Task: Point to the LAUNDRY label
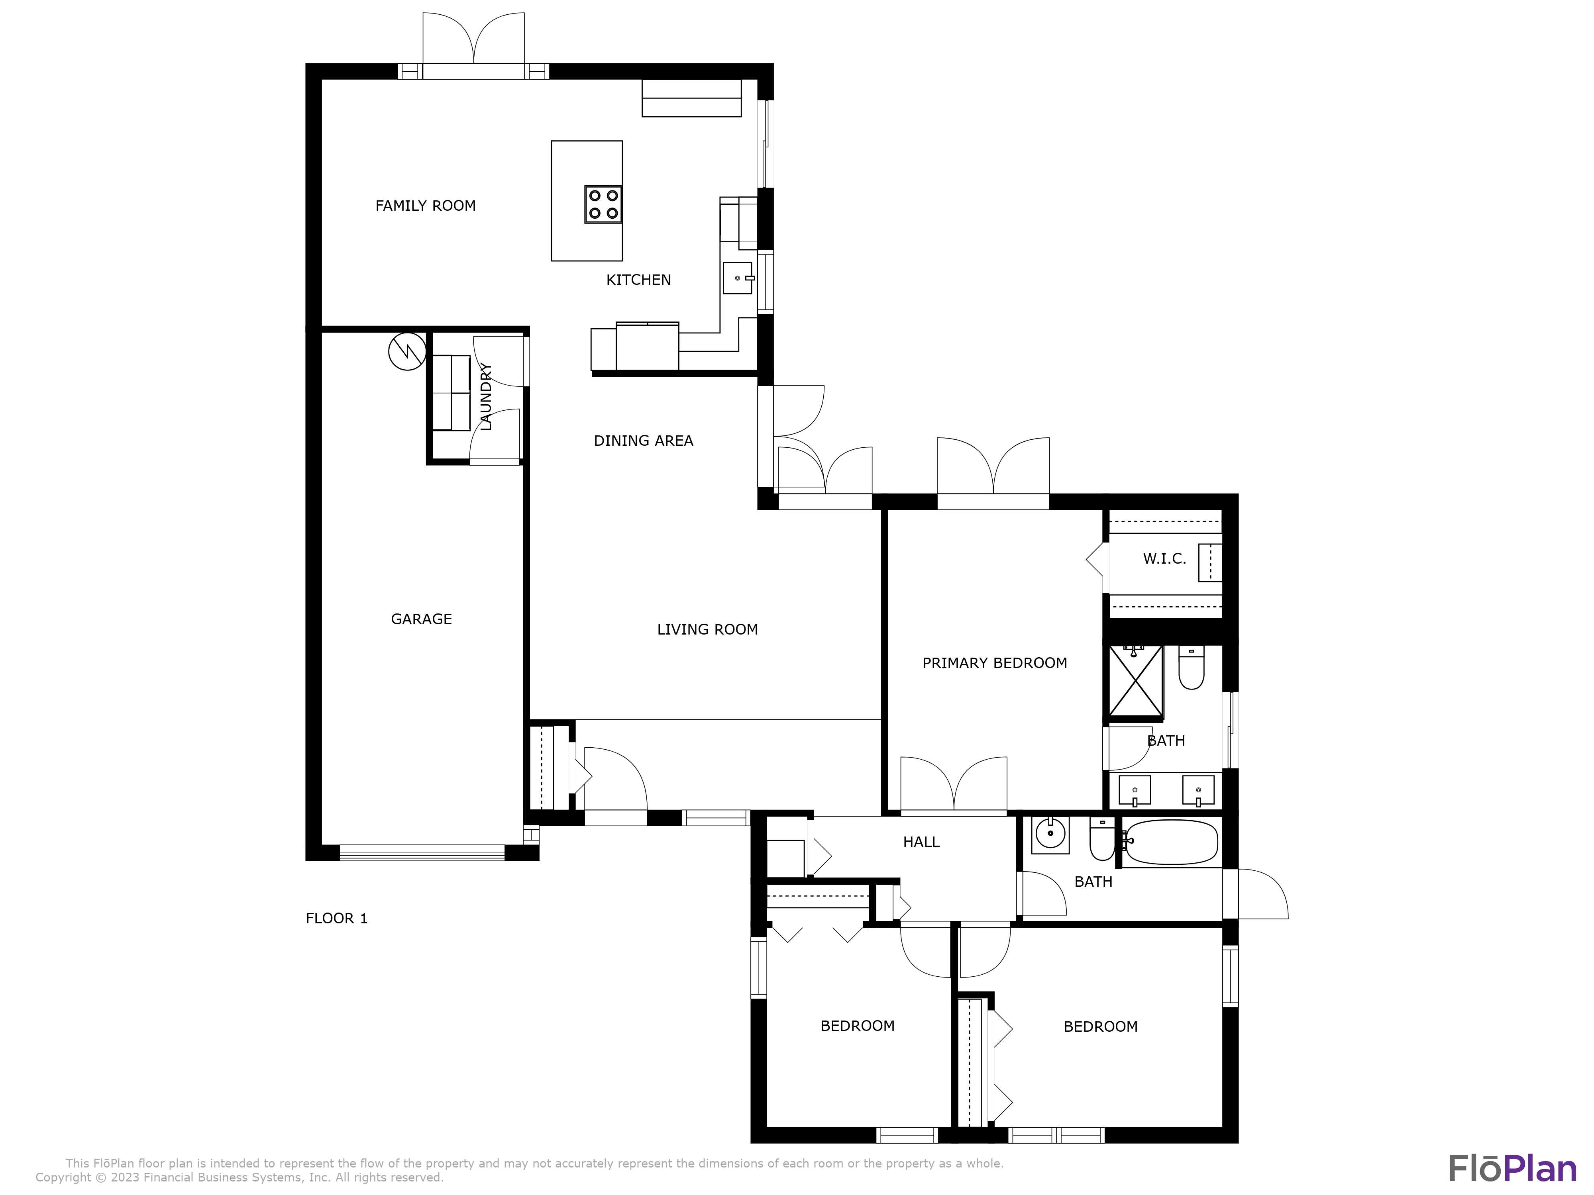(486, 397)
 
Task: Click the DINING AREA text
(644, 441)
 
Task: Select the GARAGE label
(422, 619)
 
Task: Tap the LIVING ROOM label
(708, 629)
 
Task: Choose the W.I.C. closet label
(1164, 559)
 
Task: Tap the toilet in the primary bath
(1191, 668)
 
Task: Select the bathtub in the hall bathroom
(1171, 842)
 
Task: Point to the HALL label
(921, 842)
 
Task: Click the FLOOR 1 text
(336, 919)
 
